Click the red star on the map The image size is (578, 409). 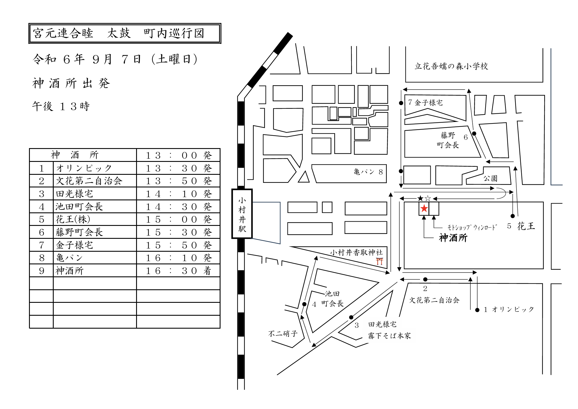(424, 209)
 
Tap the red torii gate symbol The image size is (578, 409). (380, 261)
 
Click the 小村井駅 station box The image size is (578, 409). (242, 214)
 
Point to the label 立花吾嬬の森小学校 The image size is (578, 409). (451, 66)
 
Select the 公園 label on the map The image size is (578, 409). (490, 179)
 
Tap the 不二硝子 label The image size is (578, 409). (283, 334)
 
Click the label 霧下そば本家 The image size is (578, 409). (389, 336)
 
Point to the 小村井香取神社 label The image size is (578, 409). (356, 252)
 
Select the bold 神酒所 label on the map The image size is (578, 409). (453, 238)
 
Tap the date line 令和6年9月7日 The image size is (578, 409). (115, 59)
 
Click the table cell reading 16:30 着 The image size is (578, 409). (178, 271)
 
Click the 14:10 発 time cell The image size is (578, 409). (178, 194)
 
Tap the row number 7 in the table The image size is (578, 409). (42, 245)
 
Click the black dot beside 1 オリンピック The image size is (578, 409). (477, 310)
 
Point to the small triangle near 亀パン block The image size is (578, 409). (304, 177)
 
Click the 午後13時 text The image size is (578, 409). (61, 106)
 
